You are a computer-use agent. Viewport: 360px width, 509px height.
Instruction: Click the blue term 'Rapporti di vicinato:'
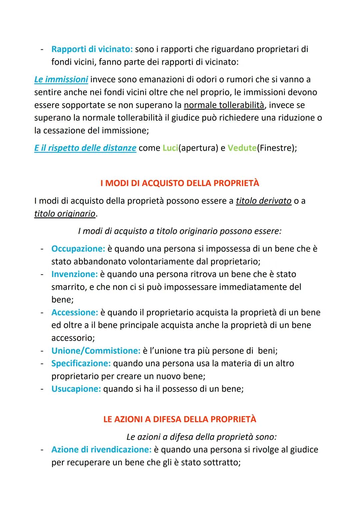[x=92, y=49]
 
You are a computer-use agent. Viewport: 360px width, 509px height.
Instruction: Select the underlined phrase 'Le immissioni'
[x=61, y=80]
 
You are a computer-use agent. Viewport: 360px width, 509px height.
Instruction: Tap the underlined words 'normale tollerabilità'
[x=224, y=105]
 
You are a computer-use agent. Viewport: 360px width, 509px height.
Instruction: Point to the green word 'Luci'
[x=170, y=148]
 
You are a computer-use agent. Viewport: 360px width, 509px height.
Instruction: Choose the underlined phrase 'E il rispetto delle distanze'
[x=85, y=148]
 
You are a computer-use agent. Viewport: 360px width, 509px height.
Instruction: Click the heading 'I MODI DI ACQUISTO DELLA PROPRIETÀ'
[x=180, y=183]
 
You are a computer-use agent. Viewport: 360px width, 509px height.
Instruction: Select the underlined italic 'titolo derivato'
[x=263, y=201]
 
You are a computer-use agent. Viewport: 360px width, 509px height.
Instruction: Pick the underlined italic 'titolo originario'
[x=65, y=214]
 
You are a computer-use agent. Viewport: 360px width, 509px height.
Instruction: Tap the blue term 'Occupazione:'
[x=78, y=249]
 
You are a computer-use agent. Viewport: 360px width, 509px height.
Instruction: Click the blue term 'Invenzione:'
[x=74, y=274]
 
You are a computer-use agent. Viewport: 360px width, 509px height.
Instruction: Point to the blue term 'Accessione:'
[x=75, y=313]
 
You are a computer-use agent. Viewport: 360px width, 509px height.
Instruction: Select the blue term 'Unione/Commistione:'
[x=96, y=351]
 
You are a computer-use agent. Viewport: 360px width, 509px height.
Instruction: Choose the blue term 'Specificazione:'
[x=81, y=364]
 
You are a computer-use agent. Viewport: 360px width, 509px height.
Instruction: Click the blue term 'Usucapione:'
[x=76, y=389]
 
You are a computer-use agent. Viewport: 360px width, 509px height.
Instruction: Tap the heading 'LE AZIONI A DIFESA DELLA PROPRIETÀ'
[x=180, y=419]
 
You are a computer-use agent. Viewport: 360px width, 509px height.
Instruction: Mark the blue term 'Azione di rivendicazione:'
[x=101, y=450]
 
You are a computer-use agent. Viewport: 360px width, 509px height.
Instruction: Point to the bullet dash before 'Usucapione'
[x=42, y=389]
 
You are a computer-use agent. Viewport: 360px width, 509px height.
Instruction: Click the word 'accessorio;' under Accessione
[x=73, y=338]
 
